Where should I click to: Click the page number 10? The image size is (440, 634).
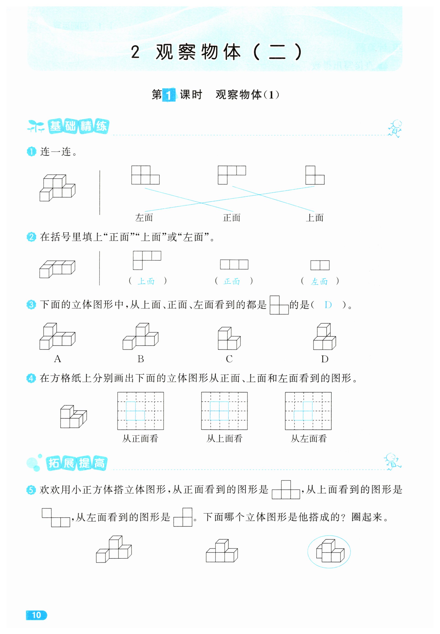(x=36, y=615)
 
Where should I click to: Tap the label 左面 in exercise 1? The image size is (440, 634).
(x=144, y=218)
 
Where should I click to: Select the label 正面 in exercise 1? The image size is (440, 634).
(x=232, y=218)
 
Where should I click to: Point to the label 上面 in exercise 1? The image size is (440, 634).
(x=314, y=218)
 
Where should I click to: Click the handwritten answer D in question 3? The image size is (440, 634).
(x=328, y=305)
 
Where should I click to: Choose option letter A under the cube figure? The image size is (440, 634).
(x=57, y=359)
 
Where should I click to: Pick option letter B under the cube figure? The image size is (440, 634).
(x=141, y=359)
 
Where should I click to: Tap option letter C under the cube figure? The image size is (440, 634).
(x=229, y=359)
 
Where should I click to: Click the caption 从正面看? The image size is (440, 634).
(x=140, y=438)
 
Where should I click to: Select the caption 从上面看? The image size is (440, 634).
(x=224, y=438)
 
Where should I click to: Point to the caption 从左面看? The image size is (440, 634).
(x=309, y=438)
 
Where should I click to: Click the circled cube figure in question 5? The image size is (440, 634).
(x=329, y=552)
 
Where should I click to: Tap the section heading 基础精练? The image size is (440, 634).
(x=78, y=126)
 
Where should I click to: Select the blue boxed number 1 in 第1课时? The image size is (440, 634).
(x=169, y=95)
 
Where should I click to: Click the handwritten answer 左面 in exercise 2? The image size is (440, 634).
(x=319, y=281)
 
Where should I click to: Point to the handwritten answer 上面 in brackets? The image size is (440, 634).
(x=146, y=281)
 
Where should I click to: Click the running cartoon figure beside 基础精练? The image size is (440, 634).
(x=395, y=128)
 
